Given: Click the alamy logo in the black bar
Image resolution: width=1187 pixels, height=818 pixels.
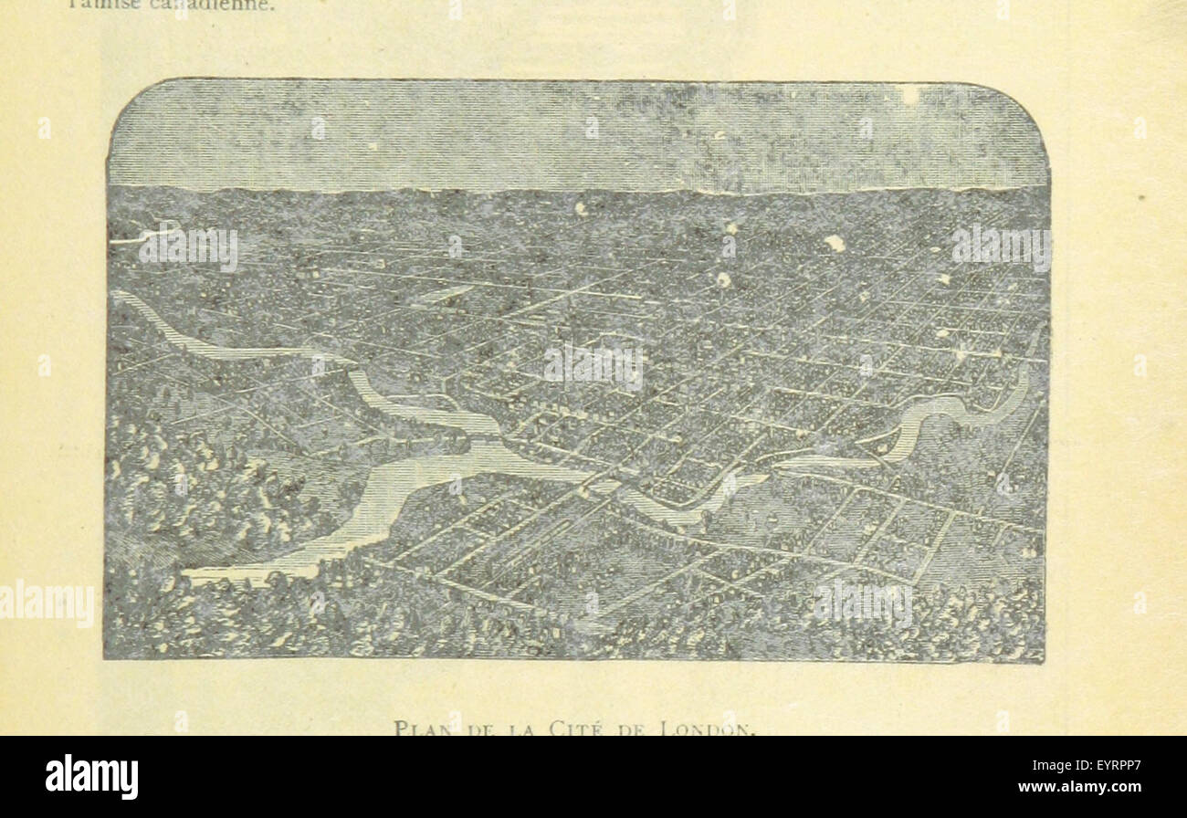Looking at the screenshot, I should pos(91,777).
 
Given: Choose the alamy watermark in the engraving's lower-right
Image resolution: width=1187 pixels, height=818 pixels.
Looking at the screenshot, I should pos(863,603).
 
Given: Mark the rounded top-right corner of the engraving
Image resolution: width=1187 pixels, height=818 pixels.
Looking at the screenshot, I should pos(1032,100).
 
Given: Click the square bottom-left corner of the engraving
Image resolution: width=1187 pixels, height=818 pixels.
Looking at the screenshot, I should pos(106,656).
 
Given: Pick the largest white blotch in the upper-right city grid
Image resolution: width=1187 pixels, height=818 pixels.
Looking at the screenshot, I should pos(835,243).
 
